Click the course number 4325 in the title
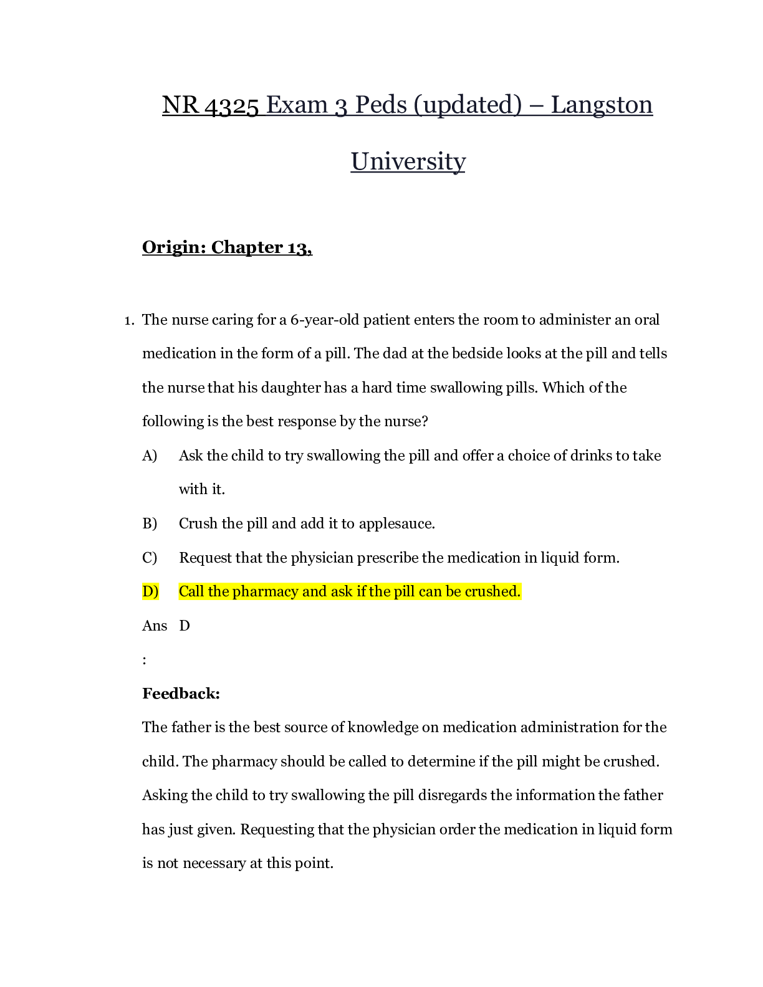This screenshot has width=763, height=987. coord(232,105)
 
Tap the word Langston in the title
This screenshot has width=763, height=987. coord(602,105)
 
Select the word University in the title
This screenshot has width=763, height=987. coord(408,161)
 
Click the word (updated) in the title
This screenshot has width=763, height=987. coord(468,105)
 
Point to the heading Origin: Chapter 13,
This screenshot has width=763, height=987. coord(228,247)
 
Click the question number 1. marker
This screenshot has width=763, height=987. coord(130,321)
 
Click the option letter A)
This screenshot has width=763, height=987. coord(150,455)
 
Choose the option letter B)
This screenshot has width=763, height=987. coord(150,523)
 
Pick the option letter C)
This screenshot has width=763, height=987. coord(150,557)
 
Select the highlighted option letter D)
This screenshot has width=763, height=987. coord(150,591)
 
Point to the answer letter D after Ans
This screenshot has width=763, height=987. coord(185,626)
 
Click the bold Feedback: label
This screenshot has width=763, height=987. coord(181,694)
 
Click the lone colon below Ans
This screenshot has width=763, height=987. coord(145,660)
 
